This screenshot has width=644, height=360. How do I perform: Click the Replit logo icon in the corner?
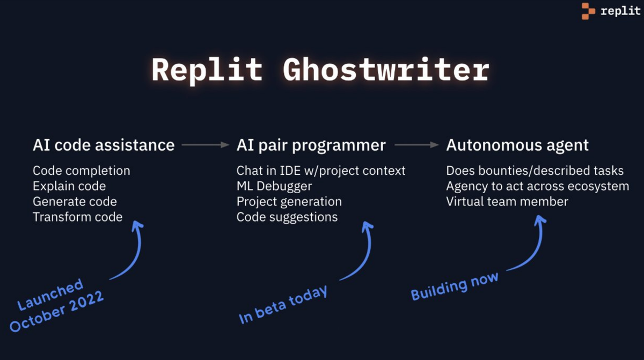[x=588, y=11]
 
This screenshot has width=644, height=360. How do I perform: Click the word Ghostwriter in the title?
[x=385, y=70]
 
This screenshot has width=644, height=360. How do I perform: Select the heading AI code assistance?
[x=104, y=145]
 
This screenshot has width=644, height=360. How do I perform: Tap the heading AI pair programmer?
[x=311, y=145]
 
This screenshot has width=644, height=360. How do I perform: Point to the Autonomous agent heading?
[x=517, y=145]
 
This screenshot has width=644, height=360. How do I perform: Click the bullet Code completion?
[x=82, y=171]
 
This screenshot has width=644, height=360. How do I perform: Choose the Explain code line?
[x=69, y=186]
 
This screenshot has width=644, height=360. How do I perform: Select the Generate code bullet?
[x=75, y=202]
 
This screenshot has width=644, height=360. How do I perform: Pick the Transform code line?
[x=78, y=217]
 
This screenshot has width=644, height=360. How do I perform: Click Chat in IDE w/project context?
[x=321, y=171]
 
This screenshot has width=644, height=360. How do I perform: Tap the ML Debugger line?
[x=274, y=186]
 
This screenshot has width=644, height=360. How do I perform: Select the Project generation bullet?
[x=289, y=202]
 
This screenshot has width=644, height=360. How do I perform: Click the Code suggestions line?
[x=287, y=217]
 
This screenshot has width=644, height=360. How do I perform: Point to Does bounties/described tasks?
[x=535, y=171]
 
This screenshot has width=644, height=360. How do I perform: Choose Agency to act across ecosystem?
[x=537, y=186]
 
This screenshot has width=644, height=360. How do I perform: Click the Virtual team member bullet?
[x=507, y=202]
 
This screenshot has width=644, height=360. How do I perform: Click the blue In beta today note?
[x=283, y=305]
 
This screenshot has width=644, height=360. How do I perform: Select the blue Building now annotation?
[x=455, y=286]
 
